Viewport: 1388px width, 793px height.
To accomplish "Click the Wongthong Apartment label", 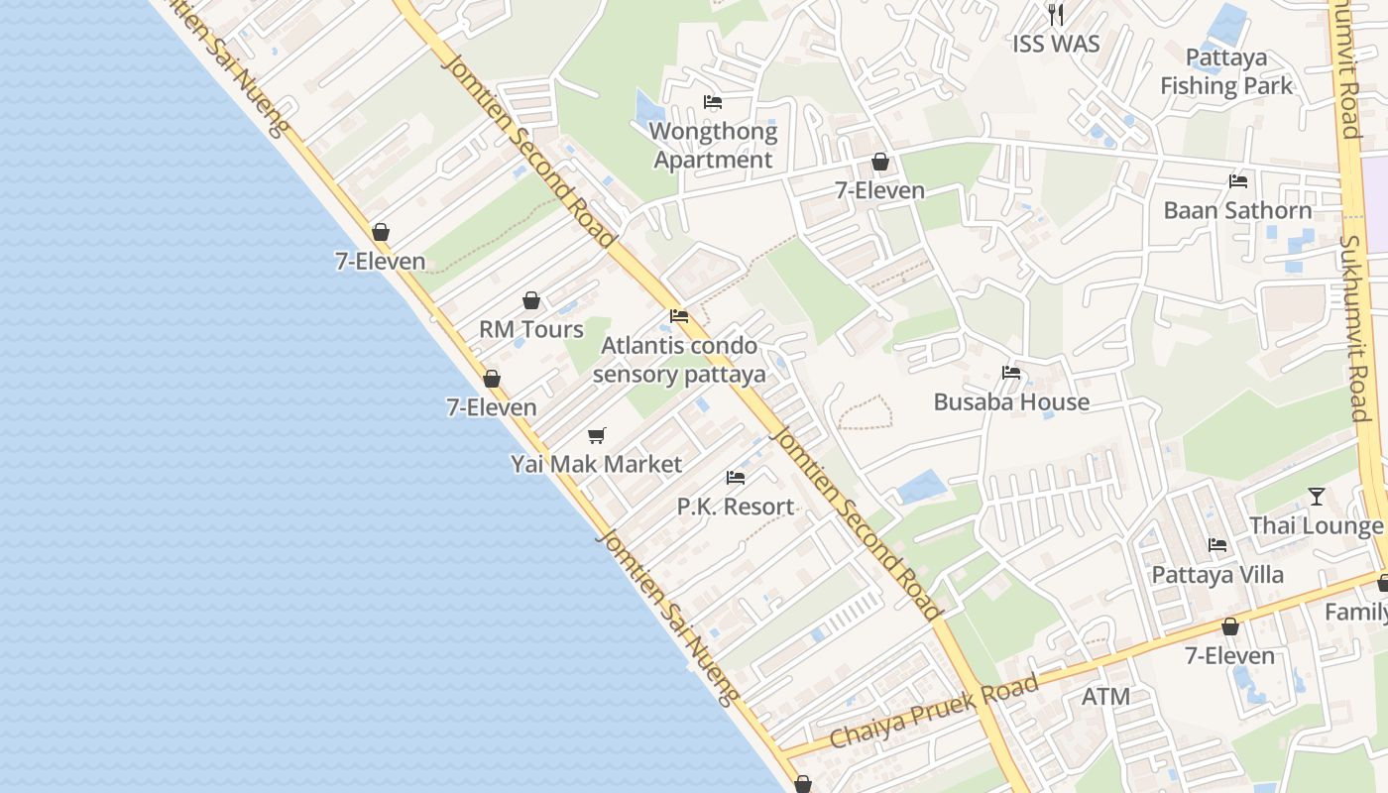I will pos(713,146).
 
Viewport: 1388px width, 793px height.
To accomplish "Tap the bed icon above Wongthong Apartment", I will pos(712,102).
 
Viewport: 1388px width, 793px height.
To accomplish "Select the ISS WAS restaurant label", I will pos(1056,44).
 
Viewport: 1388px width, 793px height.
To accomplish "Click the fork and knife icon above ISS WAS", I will pos(1056,15).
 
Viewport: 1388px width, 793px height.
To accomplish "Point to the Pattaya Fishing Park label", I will pos(1226,72).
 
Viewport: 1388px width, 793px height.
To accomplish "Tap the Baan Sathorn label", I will pos(1237,210).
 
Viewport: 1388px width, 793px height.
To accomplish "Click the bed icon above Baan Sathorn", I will pos(1237,181).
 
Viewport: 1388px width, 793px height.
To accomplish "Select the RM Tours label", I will pos(531,329).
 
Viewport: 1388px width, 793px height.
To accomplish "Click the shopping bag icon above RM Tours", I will pos(531,300).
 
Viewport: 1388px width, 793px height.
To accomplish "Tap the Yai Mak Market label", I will pos(596,464).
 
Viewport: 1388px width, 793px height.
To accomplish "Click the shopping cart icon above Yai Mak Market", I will pos(596,435).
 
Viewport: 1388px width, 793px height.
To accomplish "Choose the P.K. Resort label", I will pos(735,507).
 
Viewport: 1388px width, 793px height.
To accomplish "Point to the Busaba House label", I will pos(1011,401).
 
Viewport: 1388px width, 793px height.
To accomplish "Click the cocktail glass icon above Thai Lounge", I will pos(1316,497).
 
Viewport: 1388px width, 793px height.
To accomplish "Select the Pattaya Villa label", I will pos(1216,575).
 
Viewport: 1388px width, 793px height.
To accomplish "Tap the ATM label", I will pos(1105,697).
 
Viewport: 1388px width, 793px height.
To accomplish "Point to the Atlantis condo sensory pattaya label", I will pos(679,360).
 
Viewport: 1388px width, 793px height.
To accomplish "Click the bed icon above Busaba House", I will pos(1011,373).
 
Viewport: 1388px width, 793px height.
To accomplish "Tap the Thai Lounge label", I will pos(1316,525).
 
